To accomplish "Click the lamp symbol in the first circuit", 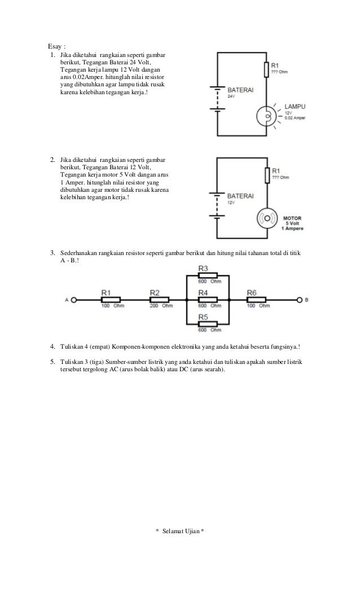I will [265, 116].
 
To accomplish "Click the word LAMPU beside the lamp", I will [295, 106].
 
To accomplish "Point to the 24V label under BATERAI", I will [230, 96].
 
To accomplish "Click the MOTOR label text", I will [292, 217].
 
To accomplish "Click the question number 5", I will [52, 360].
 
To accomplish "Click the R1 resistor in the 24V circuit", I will [266, 69].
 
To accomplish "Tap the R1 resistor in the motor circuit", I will [266, 175].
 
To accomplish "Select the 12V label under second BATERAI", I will [230, 201].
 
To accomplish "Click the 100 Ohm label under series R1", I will [113, 306].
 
